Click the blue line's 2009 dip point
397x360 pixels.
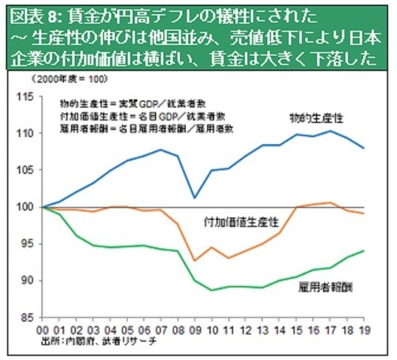195,198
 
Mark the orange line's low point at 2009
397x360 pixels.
195,260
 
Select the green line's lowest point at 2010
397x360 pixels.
212,290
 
